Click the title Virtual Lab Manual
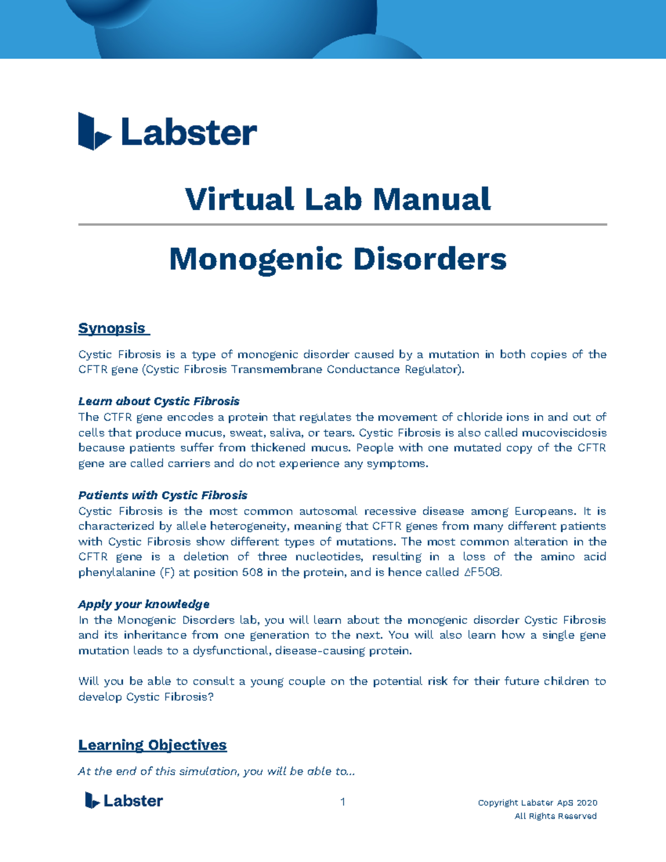(x=338, y=199)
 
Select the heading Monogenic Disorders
(x=337, y=259)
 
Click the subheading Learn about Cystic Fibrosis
(x=159, y=401)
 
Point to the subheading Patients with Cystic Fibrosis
(x=163, y=495)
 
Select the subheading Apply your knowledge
(x=144, y=604)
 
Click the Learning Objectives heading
(x=152, y=745)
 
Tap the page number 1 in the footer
(x=343, y=801)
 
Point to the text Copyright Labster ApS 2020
(x=537, y=803)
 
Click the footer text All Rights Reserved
(x=556, y=816)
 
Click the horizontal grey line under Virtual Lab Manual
(x=342, y=225)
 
